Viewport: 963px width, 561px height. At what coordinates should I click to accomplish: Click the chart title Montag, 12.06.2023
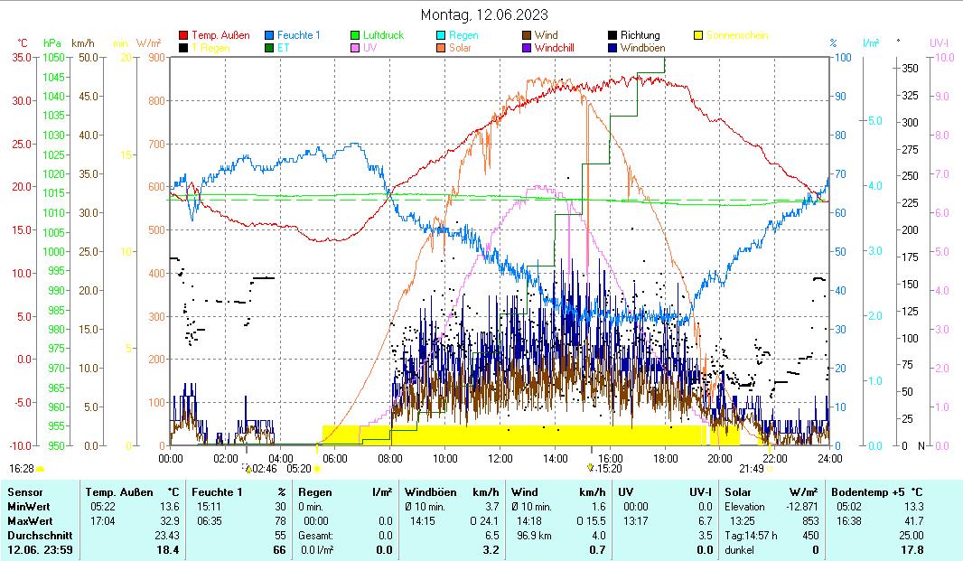point(483,15)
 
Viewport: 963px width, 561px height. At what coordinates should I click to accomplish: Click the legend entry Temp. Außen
point(220,35)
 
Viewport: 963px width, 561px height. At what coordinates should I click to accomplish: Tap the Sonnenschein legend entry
point(738,35)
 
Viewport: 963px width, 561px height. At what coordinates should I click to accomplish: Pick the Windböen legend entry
point(647,47)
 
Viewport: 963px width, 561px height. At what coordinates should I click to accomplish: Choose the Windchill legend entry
point(554,47)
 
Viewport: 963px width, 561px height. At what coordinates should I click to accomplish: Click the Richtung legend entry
point(640,35)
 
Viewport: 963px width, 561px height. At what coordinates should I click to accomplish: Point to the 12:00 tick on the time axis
point(500,458)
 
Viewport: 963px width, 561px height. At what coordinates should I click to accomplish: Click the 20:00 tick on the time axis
point(720,458)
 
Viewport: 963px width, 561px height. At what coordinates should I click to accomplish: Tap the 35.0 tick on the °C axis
point(24,57)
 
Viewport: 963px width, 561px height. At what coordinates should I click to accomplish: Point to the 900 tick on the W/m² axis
point(155,57)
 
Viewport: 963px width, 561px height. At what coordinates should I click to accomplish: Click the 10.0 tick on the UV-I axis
point(943,57)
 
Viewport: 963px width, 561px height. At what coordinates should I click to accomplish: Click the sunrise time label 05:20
point(298,469)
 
